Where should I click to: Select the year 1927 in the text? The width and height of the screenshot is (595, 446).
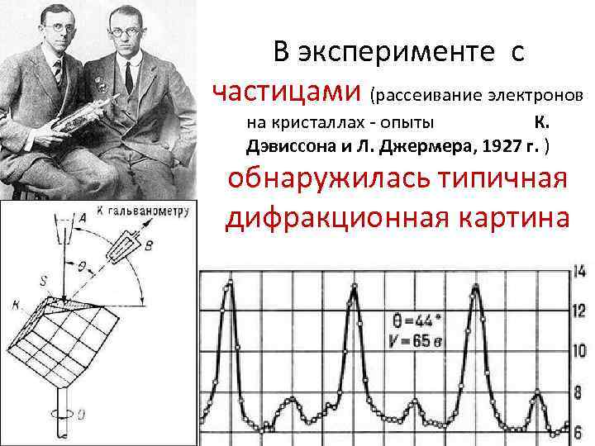498,146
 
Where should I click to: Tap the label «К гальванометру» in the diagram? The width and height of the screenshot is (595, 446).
144,211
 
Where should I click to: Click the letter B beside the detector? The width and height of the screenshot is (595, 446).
148,245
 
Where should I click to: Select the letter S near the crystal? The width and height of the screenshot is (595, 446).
43,279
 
